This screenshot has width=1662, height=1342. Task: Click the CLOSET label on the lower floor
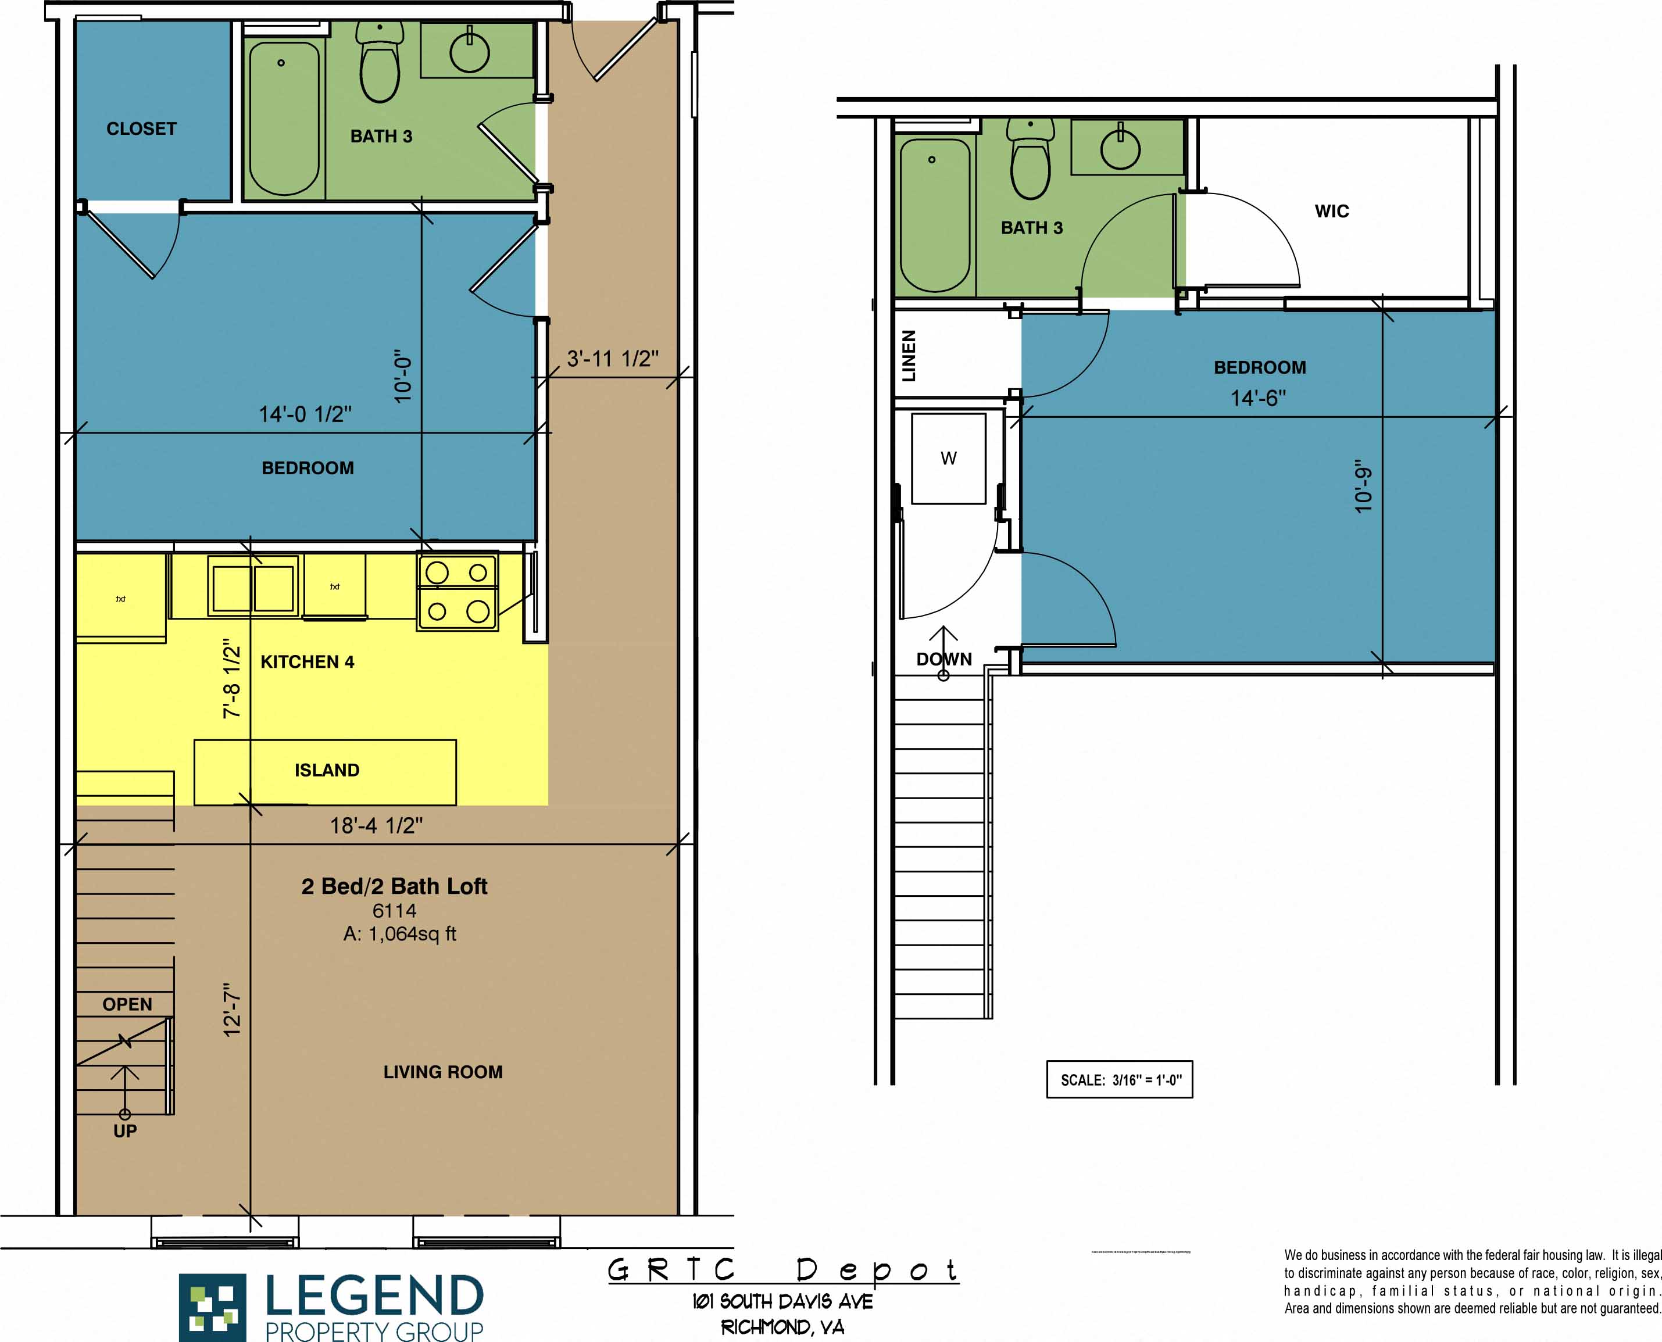141,129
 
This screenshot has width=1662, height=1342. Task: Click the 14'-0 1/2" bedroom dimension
305,414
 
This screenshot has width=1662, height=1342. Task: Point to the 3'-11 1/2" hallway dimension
612,359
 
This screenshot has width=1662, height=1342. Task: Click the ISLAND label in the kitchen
326,771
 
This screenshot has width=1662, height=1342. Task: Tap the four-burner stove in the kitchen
458,592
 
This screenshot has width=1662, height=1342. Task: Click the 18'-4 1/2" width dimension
377,826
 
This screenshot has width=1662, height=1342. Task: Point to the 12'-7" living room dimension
232,1010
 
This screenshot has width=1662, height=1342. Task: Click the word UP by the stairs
125,1131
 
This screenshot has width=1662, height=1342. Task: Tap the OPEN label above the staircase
127,1004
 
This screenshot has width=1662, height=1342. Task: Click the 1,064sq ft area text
399,934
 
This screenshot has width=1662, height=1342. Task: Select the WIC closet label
1331,211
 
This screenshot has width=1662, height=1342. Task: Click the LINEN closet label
909,356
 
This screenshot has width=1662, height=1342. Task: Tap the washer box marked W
949,459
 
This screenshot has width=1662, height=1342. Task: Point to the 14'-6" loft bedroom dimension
1258,398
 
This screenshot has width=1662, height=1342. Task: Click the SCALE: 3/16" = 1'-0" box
1120,1080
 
